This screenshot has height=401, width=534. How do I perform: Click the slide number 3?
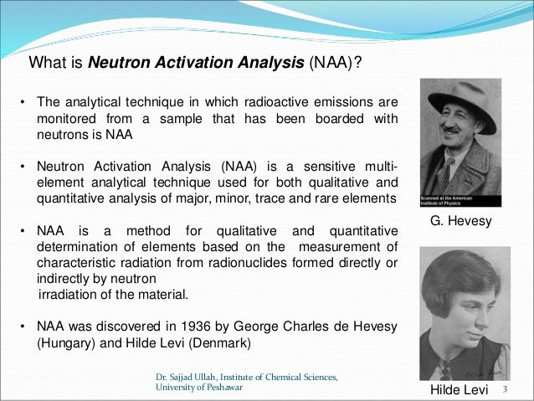(506, 391)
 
